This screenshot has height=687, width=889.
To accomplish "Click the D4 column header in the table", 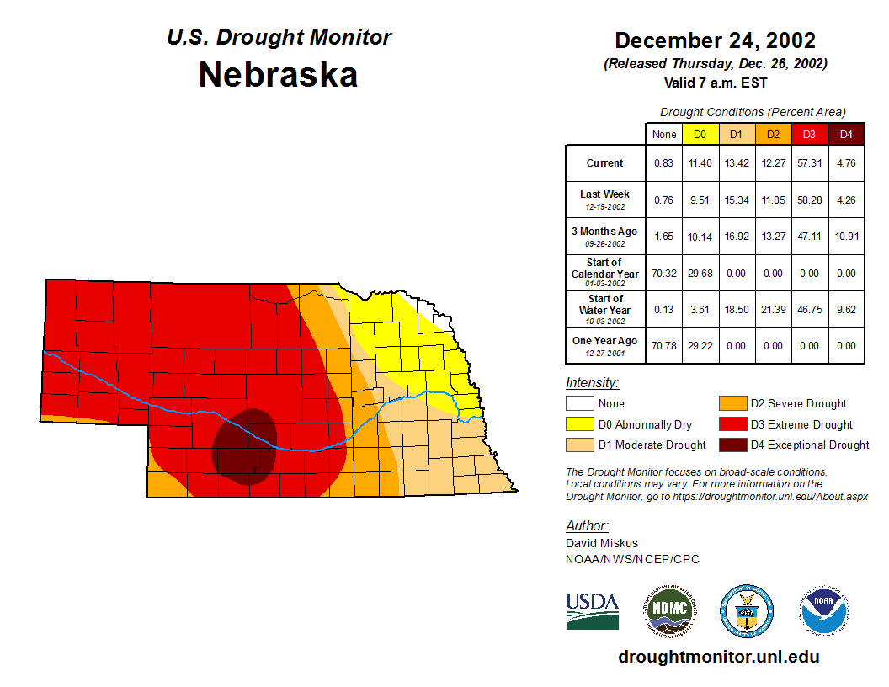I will click(846, 134).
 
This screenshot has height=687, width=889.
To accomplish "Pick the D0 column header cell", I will click(700, 134).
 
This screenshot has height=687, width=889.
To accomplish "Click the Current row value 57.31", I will click(809, 163).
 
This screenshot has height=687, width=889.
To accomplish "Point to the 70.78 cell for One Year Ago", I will click(663, 345).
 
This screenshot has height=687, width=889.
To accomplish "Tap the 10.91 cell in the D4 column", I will click(846, 237).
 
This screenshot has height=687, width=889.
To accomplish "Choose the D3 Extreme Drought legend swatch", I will click(732, 424).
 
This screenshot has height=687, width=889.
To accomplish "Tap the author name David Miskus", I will click(602, 543).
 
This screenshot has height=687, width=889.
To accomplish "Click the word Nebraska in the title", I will click(278, 76).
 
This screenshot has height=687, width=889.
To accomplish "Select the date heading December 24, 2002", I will click(715, 40).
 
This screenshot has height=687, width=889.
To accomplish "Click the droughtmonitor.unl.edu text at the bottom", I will click(718, 657).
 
